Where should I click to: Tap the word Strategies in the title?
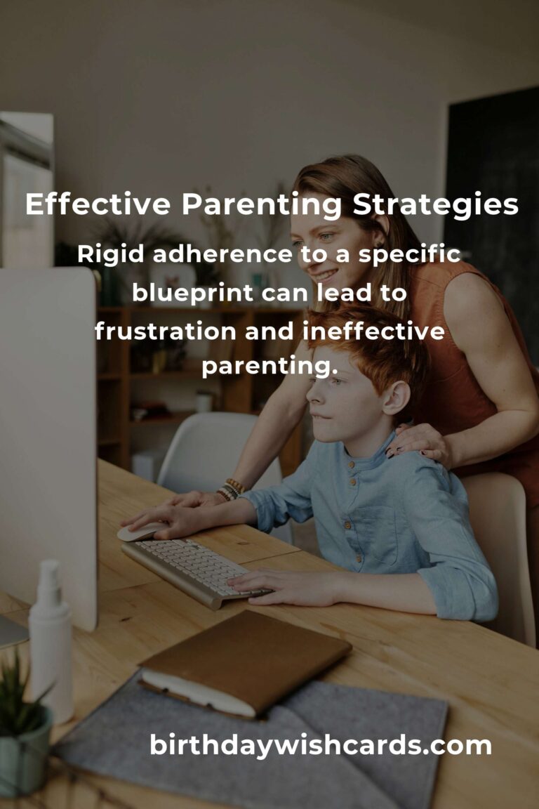point(435,205)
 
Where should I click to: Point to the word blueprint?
point(192,294)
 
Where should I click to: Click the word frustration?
point(165,331)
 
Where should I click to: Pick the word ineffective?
point(373,331)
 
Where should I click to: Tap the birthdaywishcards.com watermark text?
point(320,746)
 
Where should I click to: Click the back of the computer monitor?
point(48,444)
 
